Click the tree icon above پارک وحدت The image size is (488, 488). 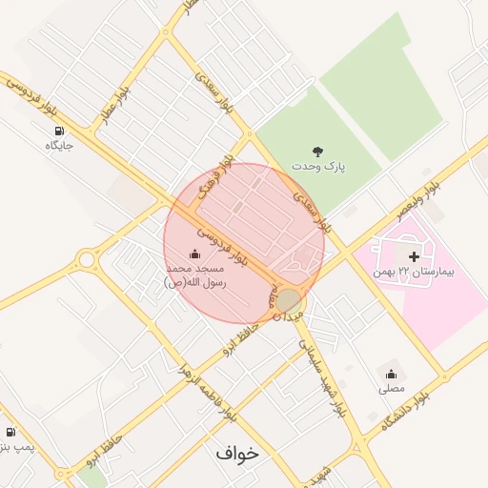pyautogui.click(x=317, y=151)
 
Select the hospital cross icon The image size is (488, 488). pyautogui.click(x=414, y=255)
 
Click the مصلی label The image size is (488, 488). pyautogui.click(x=392, y=388)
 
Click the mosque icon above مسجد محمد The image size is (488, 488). pyautogui.click(x=195, y=254)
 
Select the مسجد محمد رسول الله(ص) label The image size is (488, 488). pyautogui.click(x=194, y=275)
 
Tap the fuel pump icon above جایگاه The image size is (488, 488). pyautogui.click(x=59, y=131)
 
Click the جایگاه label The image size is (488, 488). pyautogui.click(x=59, y=146)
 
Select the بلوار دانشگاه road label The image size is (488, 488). pyautogui.click(x=405, y=405)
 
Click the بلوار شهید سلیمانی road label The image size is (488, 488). pyautogui.click(x=321, y=376)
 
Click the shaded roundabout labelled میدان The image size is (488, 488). pyautogui.click(x=288, y=302)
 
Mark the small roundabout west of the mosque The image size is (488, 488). pyautogui.click(x=88, y=258)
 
